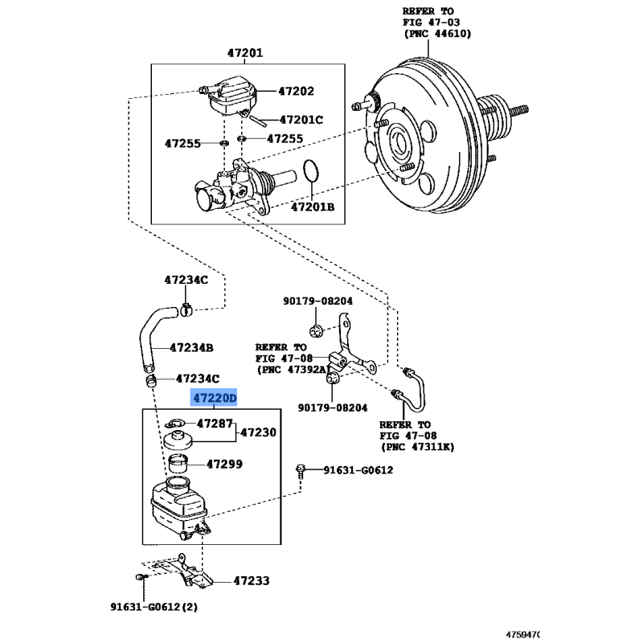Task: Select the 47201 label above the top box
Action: (x=245, y=53)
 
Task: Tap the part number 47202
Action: (x=296, y=91)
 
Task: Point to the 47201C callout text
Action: (x=301, y=120)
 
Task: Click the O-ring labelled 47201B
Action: (x=311, y=170)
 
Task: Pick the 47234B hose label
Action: (x=191, y=348)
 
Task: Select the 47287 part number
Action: (x=215, y=424)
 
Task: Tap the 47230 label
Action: (x=258, y=432)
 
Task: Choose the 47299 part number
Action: (x=224, y=465)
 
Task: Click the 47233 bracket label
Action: (x=252, y=580)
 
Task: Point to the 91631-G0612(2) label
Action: (x=154, y=607)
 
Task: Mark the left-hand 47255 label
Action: (x=182, y=144)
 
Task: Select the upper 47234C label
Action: (x=186, y=280)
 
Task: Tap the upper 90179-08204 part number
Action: (x=317, y=301)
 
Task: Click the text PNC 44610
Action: (x=437, y=34)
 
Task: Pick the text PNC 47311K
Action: (x=418, y=447)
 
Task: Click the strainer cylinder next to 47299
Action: (x=178, y=464)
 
